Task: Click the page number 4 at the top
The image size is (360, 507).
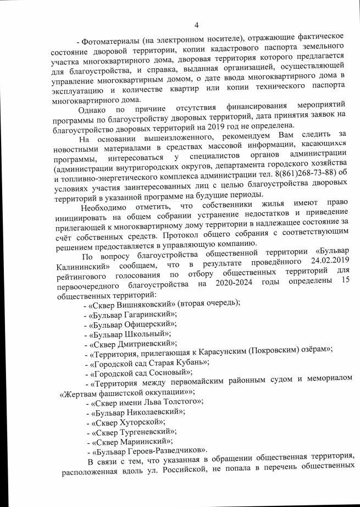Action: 196,24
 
